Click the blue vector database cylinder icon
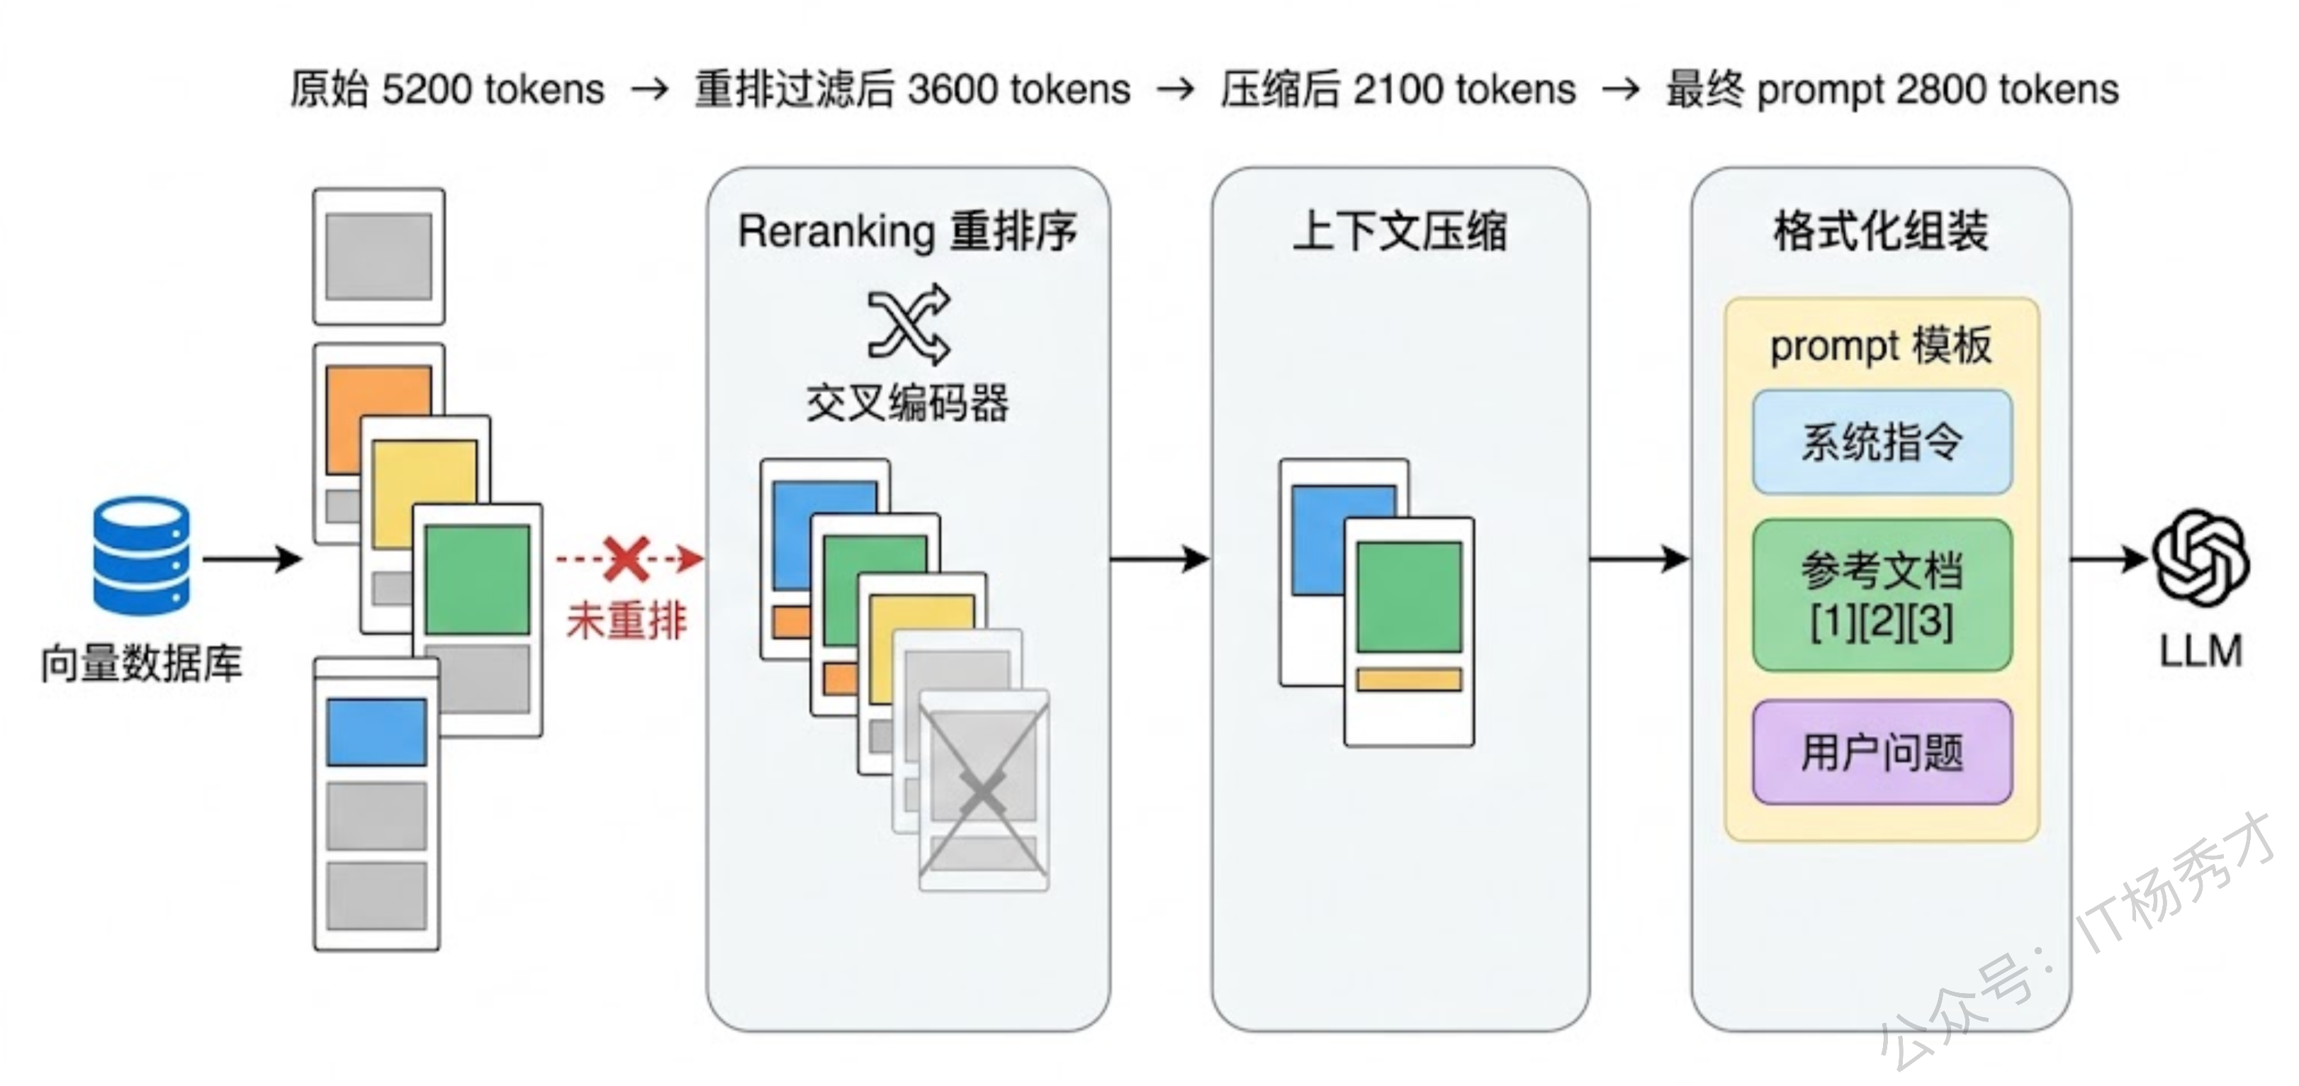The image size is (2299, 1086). click(141, 556)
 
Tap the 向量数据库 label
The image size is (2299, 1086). click(141, 663)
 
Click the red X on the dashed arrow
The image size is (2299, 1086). click(626, 559)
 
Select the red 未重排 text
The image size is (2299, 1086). click(627, 620)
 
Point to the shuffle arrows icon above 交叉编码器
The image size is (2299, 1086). click(909, 325)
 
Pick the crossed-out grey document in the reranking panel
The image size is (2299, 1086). click(984, 790)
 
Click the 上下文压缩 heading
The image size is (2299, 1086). click(1400, 231)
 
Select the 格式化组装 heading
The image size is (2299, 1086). click(1880, 231)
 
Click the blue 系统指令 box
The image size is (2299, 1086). click(1882, 442)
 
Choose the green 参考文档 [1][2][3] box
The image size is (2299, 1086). click(1882, 595)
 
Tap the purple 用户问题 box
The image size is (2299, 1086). click(1882, 751)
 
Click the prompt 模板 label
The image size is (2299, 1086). click(1880, 345)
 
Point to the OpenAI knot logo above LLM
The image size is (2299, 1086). click(2200, 558)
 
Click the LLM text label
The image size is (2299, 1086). click(2200, 651)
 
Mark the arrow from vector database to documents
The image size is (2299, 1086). click(252, 559)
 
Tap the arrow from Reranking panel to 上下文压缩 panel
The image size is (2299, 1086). click(1159, 559)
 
